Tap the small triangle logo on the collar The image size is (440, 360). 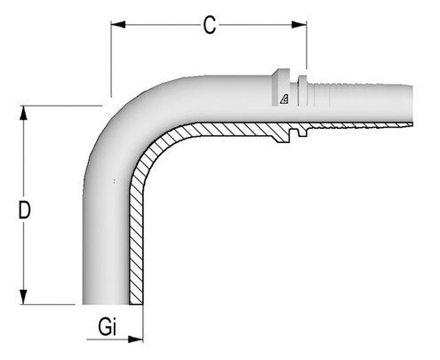(x=284, y=99)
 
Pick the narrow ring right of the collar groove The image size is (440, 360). (x=304, y=94)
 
